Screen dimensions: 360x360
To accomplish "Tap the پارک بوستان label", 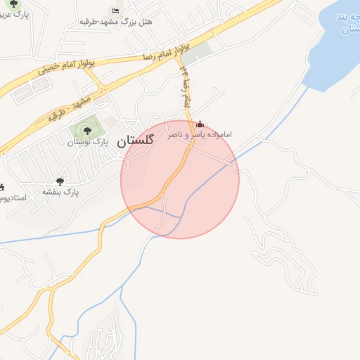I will click(x=86, y=143).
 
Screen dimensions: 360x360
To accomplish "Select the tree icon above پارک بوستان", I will click(x=87, y=131).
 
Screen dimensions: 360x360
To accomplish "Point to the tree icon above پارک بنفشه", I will click(x=60, y=181).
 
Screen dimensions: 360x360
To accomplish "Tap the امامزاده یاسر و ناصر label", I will click(x=200, y=134).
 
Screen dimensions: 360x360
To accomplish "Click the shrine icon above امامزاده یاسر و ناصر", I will click(x=200, y=124).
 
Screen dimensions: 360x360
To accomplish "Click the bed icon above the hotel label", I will click(x=116, y=11).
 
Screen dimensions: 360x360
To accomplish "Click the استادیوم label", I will click(x=13, y=198).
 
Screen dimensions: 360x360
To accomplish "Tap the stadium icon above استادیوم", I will click(x=1, y=187).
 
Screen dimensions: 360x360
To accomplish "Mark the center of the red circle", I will click(x=180, y=179).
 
